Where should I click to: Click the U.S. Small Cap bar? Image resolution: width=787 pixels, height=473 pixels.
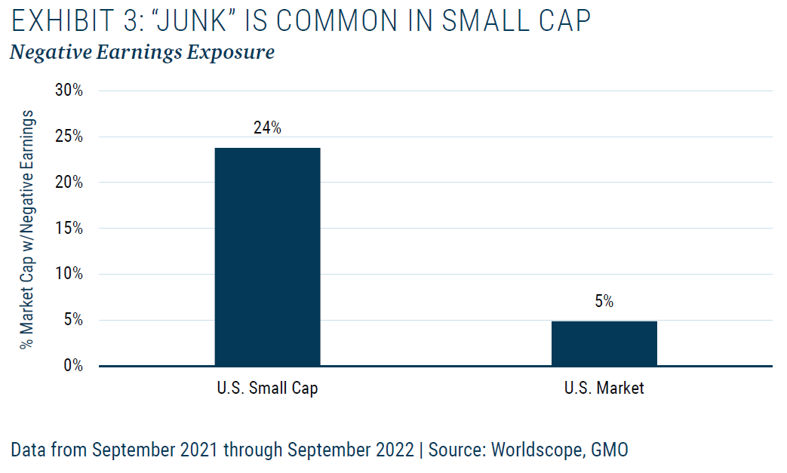click(x=267, y=256)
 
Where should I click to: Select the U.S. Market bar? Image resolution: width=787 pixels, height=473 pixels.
click(x=604, y=343)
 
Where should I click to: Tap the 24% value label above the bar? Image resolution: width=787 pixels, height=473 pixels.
click(x=267, y=128)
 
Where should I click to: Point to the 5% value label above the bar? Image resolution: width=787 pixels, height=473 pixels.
click(x=604, y=302)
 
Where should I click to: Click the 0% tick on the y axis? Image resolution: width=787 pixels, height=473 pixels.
click(x=73, y=366)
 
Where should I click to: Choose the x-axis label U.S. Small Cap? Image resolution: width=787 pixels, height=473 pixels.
click(x=267, y=389)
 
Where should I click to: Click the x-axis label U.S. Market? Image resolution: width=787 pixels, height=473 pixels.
click(x=604, y=389)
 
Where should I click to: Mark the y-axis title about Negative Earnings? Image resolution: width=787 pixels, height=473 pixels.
click(x=28, y=228)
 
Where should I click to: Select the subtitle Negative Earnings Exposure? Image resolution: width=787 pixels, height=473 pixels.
click(x=142, y=54)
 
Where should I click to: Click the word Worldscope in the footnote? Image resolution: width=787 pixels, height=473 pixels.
click(x=542, y=450)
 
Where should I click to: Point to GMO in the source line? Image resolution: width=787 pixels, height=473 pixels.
click(x=611, y=450)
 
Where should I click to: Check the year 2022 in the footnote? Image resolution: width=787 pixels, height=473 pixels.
click(x=392, y=450)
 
